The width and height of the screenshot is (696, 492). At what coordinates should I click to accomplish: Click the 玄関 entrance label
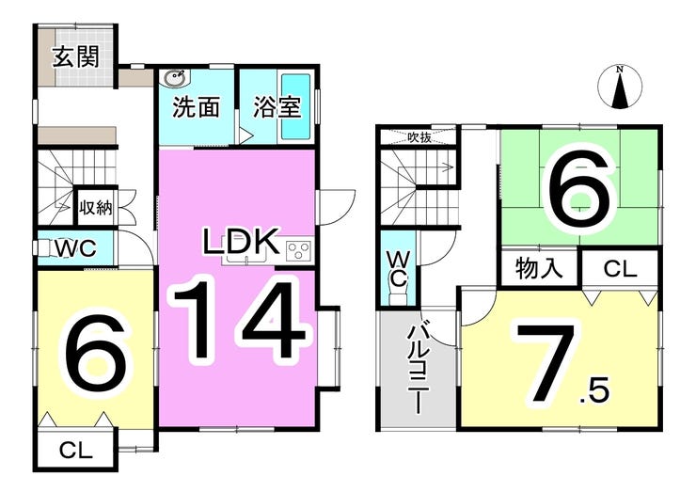pyautogui.click(x=76, y=57)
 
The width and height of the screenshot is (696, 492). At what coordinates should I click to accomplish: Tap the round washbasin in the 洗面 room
pyautogui.click(x=175, y=79)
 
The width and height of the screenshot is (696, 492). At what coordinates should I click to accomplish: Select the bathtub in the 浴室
pyautogui.click(x=295, y=106)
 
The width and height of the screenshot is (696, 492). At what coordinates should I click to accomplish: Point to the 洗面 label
pyautogui.click(x=197, y=107)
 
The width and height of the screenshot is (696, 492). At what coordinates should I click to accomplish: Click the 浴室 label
pyautogui.click(x=277, y=107)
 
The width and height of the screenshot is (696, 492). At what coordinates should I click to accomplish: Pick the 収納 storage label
pyautogui.click(x=96, y=207)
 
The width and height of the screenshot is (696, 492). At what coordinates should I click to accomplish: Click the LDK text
pyautogui.click(x=241, y=241)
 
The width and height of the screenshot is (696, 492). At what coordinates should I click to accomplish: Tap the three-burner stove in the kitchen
pyautogui.click(x=299, y=251)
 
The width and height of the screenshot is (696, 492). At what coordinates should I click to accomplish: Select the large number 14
pyautogui.click(x=239, y=320)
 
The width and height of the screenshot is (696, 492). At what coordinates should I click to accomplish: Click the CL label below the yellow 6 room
pyautogui.click(x=76, y=451)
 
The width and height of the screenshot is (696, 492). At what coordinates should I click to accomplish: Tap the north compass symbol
pyautogui.click(x=620, y=87)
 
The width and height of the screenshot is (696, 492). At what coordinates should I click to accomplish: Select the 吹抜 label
pyautogui.click(x=419, y=137)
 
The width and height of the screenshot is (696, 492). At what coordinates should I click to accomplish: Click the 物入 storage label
pyautogui.click(x=539, y=269)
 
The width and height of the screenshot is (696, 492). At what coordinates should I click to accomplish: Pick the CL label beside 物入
pyautogui.click(x=620, y=269)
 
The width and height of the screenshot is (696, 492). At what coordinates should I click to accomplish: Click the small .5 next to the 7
pyautogui.click(x=594, y=391)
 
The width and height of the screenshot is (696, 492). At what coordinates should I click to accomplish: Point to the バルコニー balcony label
pyautogui.click(x=419, y=368)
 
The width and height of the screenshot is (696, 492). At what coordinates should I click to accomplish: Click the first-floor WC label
pyautogui.click(x=75, y=248)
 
